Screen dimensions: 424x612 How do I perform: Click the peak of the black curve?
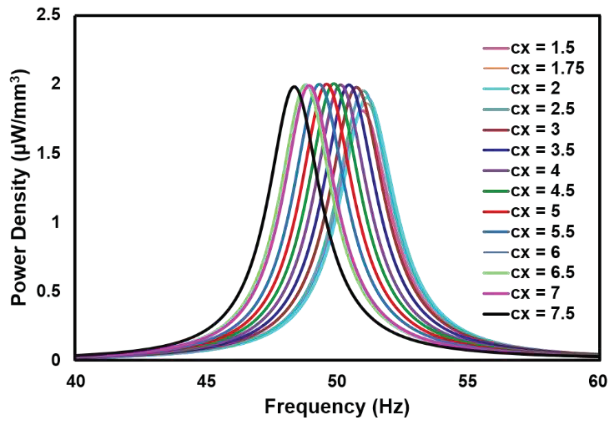pos(294,86)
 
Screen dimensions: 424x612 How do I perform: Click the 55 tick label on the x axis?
pos(468,382)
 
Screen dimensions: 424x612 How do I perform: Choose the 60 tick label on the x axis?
pos(598,382)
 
